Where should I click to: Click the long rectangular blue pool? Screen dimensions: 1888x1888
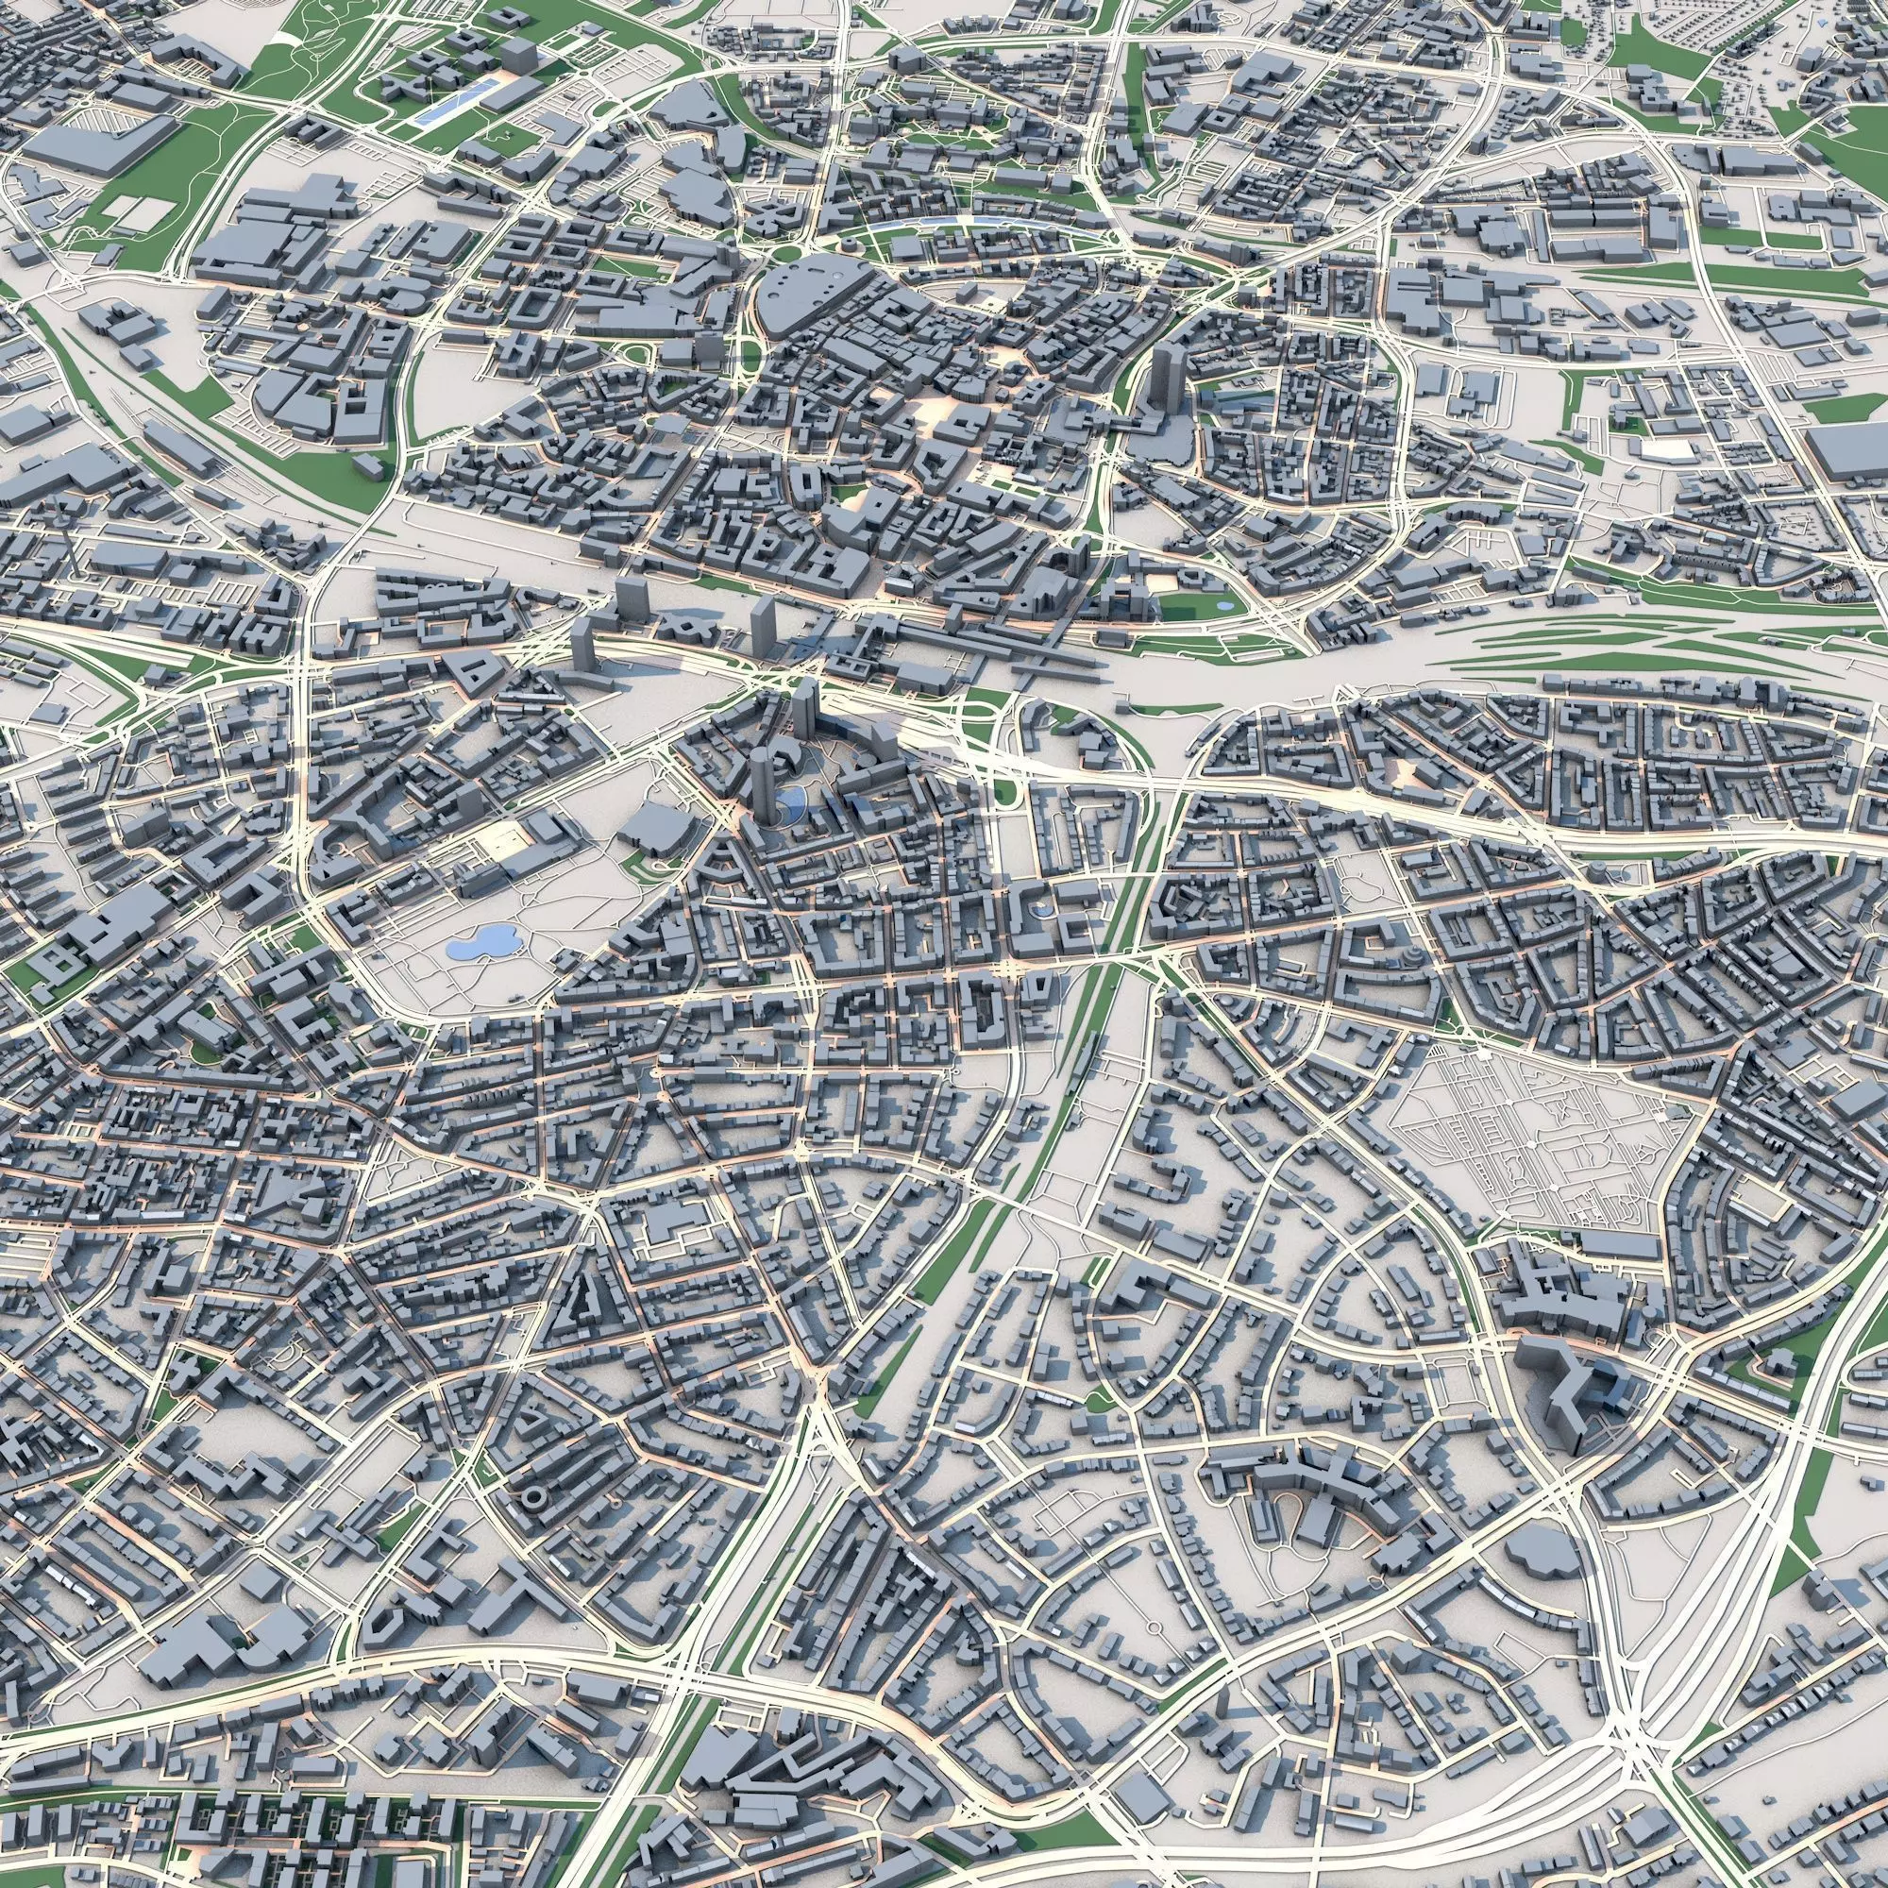coord(453,104)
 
